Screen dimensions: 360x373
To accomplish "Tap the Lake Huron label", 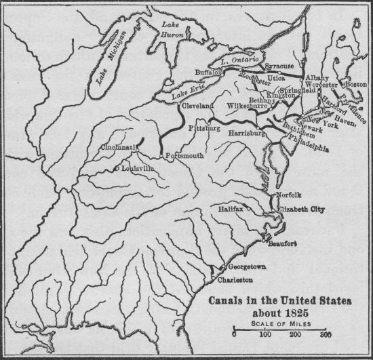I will tap(168, 30).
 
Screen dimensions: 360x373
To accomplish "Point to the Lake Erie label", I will tap(186, 95).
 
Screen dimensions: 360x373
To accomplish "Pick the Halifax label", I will tap(249, 210).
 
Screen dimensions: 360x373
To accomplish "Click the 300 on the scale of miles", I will tap(326, 334).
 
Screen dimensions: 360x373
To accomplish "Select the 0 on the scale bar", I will tap(234, 334).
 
